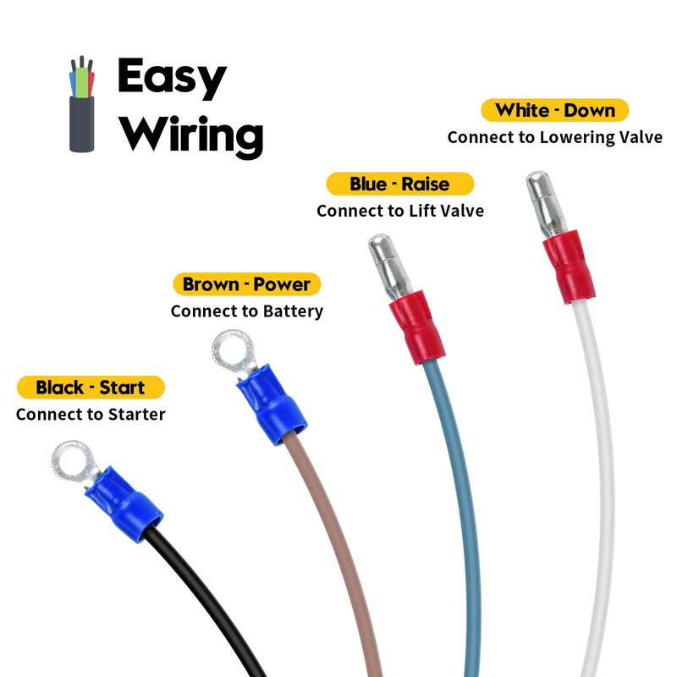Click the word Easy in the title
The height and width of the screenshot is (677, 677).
(172, 78)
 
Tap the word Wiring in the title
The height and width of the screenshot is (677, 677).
(190, 134)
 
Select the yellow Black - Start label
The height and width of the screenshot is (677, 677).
(91, 388)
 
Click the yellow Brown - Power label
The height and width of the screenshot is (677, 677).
(246, 283)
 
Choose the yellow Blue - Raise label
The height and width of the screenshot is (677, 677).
(399, 184)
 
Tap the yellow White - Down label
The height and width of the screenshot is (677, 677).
(554, 110)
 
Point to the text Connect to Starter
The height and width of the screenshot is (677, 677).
(91, 415)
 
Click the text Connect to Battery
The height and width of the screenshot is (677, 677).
(246, 311)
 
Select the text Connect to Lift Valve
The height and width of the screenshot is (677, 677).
(400, 211)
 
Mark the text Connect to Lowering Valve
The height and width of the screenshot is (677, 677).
(554, 137)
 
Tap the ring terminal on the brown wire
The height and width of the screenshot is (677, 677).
(229, 351)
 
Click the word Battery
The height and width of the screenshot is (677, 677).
(292, 311)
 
